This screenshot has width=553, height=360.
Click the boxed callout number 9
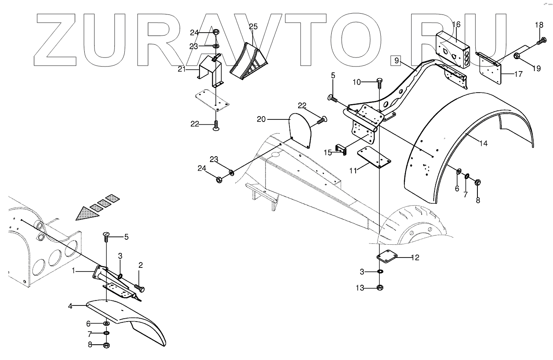(x=396, y=60)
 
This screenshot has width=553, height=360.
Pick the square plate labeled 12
(x=387, y=258)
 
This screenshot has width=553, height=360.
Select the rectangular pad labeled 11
(x=374, y=157)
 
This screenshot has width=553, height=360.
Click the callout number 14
(x=484, y=143)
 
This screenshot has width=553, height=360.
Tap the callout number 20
(x=261, y=119)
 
